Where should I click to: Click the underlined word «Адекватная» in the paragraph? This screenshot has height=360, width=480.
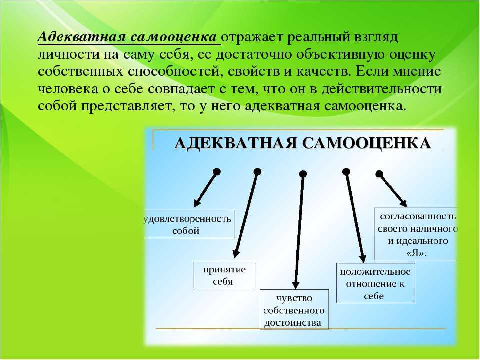(82, 37)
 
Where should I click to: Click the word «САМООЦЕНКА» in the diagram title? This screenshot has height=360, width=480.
(367, 143)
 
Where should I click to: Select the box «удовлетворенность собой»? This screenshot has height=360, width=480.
(189, 224)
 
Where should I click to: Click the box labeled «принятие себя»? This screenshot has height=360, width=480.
(224, 275)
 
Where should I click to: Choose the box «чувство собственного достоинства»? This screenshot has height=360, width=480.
(294, 309)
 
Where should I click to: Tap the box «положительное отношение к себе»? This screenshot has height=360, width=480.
(375, 283)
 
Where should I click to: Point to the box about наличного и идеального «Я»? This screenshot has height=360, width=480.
(416, 234)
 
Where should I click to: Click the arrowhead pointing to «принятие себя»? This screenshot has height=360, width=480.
(236, 254)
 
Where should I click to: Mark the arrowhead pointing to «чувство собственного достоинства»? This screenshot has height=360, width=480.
(295, 284)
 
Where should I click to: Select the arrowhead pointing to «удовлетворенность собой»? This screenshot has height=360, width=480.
(197, 203)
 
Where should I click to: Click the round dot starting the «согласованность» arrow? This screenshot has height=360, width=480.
(379, 174)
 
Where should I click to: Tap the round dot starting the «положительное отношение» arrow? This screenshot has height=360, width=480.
(346, 172)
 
